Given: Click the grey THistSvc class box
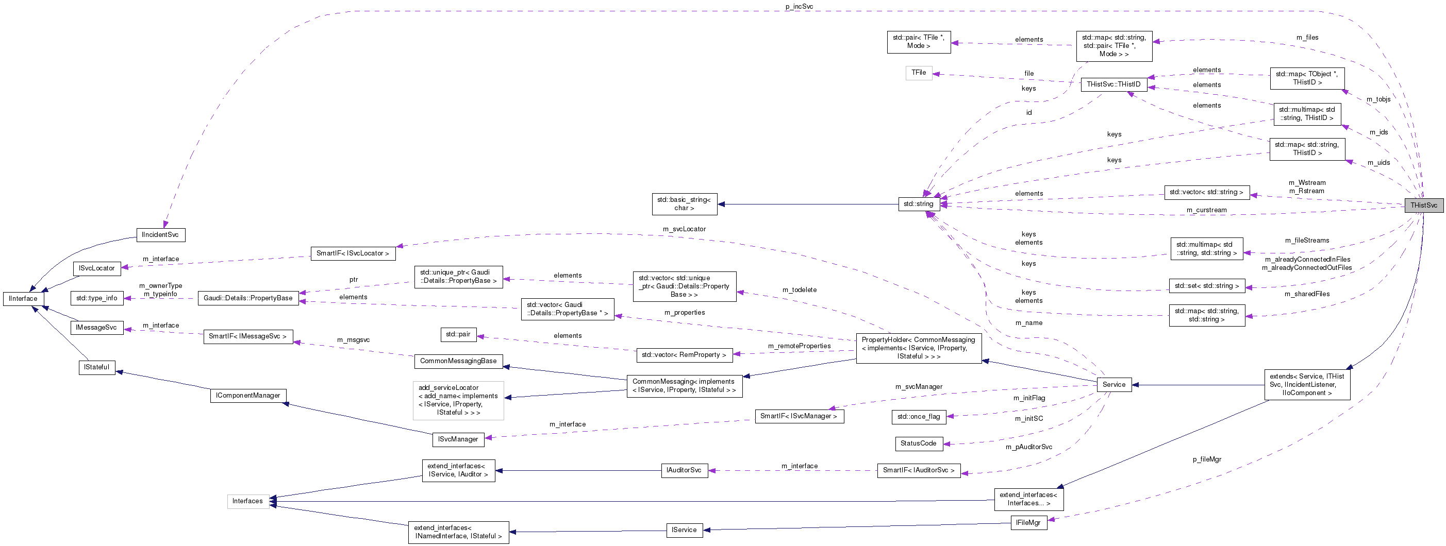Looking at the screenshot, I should coord(1423,205).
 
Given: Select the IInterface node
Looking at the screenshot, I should coord(23,299).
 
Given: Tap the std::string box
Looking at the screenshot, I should coord(918,203).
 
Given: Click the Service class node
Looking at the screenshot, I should coord(1113,384).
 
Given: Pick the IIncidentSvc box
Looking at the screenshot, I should coord(160,234).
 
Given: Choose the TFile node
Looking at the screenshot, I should coord(918,73).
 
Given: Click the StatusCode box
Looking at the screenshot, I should coord(918,443).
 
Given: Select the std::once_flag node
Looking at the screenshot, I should coord(918,416).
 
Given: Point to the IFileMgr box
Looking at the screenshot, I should coord(1028,522).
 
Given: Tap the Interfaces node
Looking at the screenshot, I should coord(247,501).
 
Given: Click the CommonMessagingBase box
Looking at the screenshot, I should coord(458,361).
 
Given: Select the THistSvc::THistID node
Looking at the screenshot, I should coord(1113,84).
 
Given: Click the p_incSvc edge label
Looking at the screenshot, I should coord(799,7).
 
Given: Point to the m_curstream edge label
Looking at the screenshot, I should coord(1206,210).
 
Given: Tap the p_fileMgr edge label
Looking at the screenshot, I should coord(1207,459).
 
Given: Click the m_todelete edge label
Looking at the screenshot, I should coord(800,289).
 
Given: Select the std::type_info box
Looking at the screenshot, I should coord(96,298).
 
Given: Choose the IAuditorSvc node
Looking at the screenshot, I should coord(684,470).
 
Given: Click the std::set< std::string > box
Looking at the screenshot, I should coord(1206,286).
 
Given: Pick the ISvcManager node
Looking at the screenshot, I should coord(458,439).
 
